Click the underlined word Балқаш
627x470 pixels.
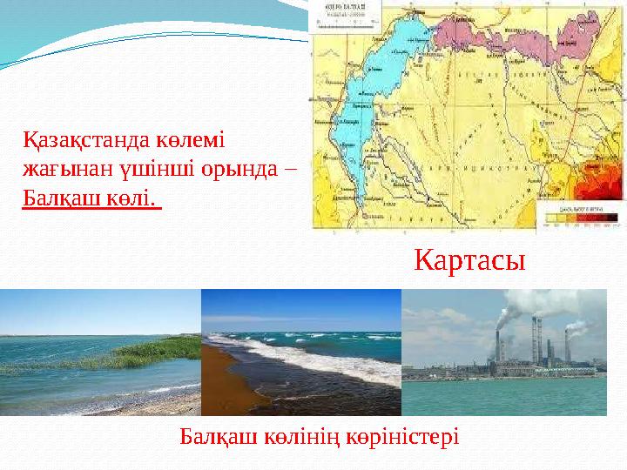click(59, 198)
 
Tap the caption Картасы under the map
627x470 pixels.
click(469, 258)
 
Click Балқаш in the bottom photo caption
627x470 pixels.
click(216, 434)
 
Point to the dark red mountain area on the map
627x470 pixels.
click(601, 187)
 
